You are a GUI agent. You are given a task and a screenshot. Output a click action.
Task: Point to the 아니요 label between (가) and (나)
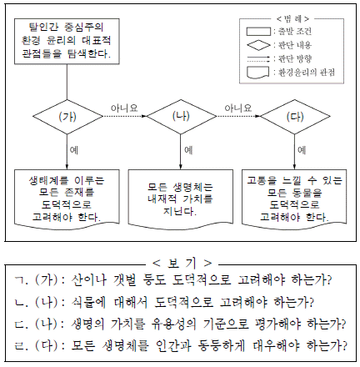pyautogui.click(x=124, y=108)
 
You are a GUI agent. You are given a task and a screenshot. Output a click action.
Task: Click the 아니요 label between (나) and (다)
pyautogui.click(x=238, y=108)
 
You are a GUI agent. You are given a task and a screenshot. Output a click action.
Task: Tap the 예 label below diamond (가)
pyautogui.click(x=74, y=150)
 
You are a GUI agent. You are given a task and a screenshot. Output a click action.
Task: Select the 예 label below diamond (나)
pyautogui.click(x=188, y=150)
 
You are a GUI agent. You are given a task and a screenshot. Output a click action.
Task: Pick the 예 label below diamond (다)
pyautogui.click(x=302, y=150)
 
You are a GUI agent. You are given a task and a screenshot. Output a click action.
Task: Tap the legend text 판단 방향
pyautogui.click(x=295, y=59)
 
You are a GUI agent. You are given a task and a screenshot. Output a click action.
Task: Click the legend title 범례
pyautogui.click(x=292, y=19)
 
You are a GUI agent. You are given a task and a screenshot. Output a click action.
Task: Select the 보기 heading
pyautogui.click(x=182, y=263)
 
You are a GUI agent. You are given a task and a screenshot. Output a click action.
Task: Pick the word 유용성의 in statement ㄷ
pyautogui.click(x=174, y=324)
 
